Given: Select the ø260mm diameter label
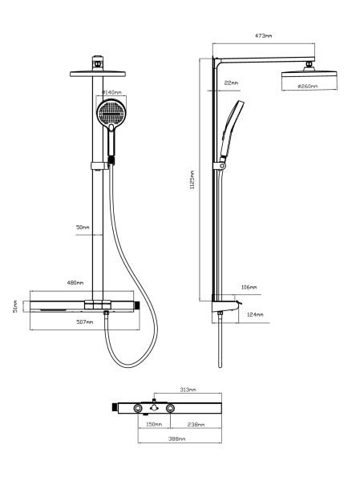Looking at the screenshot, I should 307,86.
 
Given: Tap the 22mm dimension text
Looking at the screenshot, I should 232,83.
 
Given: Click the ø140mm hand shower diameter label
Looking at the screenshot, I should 111,92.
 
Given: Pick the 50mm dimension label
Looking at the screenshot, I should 83,227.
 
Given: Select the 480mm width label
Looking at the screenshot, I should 75,282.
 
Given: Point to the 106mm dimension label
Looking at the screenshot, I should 249,286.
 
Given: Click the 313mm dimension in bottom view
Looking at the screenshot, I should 189,391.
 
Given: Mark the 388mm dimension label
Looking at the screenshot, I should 177,439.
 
